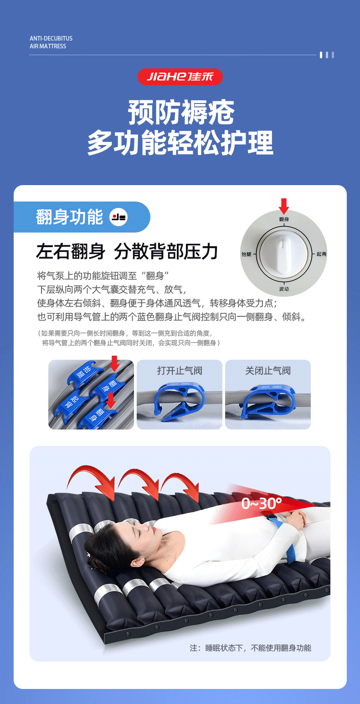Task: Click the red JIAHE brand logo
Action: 180,77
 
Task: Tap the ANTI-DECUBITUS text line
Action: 51,38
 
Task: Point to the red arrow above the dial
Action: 284,206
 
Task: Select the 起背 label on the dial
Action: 321,254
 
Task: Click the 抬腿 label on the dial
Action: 246,254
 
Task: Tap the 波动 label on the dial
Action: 284,289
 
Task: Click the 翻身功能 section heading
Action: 69,217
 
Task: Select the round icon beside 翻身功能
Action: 118,217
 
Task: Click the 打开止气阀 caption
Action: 180,371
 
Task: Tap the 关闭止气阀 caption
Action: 268,371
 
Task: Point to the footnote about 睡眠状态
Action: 250,648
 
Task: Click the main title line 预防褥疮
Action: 181,112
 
